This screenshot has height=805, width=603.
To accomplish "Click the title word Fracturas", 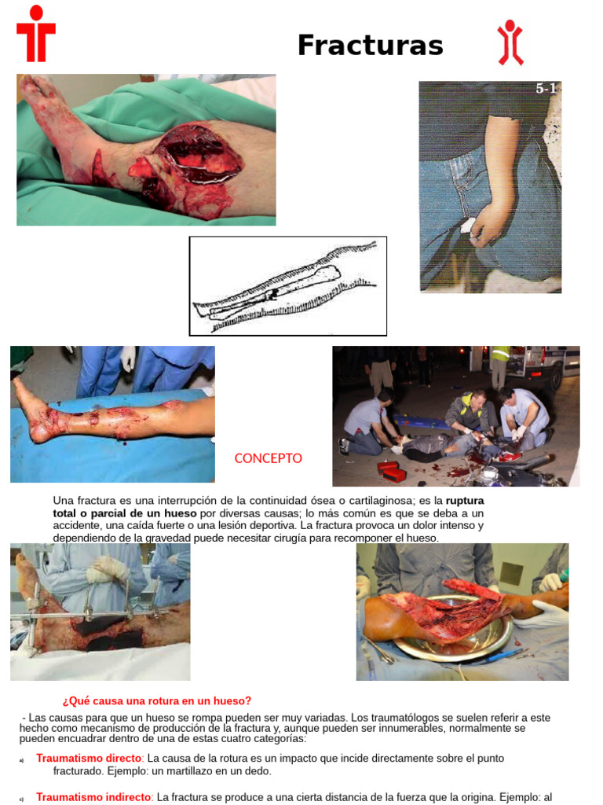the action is [x=371, y=45].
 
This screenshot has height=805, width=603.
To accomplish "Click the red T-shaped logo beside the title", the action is [x=36, y=34].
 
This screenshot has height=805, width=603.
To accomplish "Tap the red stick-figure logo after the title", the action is [x=510, y=42].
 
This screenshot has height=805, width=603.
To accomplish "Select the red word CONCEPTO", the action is [x=269, y=458].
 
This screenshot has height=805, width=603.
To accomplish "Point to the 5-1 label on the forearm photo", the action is [x=546, y=88].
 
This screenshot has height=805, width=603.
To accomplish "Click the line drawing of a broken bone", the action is [x=287, y=286].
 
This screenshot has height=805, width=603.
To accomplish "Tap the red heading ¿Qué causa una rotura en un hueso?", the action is [x=157, y=700].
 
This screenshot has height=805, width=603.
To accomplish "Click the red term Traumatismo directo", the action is [x=89, y=759].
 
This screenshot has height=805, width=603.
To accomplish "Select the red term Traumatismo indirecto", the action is [x=94, y=797].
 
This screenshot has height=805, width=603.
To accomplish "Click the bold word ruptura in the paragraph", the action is [x=465, y=501].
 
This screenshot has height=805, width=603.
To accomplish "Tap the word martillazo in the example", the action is [x=195, y=771].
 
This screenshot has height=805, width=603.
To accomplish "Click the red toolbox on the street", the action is [x=392, y=472].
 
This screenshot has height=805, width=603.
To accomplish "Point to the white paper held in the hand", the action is [x=468, y=226].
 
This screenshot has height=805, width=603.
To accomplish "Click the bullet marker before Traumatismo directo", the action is [x=21, y=760].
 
